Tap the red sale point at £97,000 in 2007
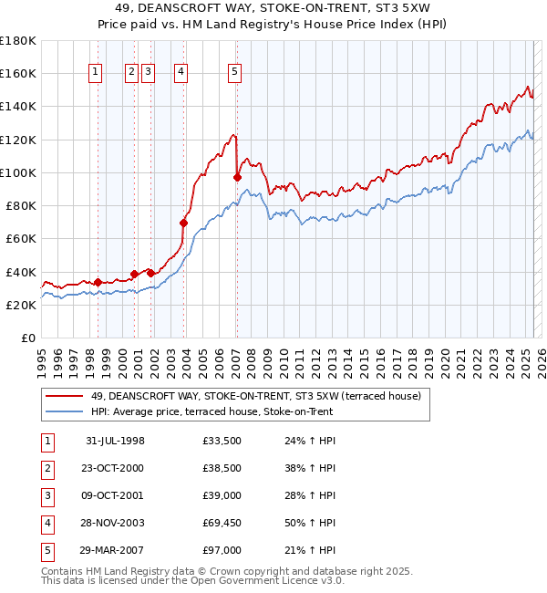[x=237, y=178]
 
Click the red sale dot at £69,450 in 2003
[x=184, y=223]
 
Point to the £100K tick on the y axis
[x=18, y=172]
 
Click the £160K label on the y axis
[x=18, y=73]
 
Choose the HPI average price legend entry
[x=212, y=411]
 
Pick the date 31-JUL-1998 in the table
[x=115, y=441]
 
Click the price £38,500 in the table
[x=223, y=468]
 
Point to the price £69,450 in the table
[x=223, y=523]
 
